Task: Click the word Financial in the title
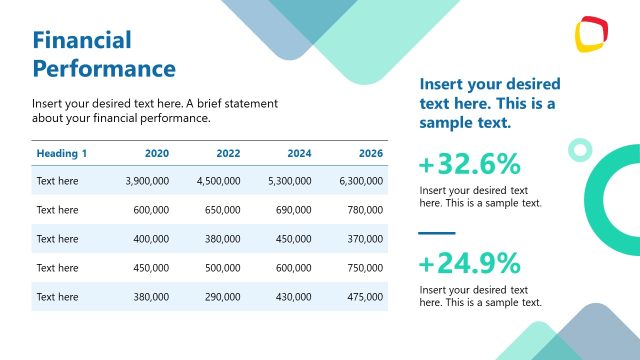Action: coord(82,41)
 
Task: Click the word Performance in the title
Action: coord(104,69)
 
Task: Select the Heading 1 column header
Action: coord(62,153)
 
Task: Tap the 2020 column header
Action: coord(156,153)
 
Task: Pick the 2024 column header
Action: coord(299,153)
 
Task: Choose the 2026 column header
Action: coord(370,153)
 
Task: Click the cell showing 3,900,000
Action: coord(147,181)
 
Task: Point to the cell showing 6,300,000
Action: coord(361,181)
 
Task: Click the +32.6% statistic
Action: coord(469,164)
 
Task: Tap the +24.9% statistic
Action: coord(469,263)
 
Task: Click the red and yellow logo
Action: coord(593,35)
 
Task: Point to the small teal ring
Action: coord(579,150)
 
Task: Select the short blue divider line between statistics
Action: coord(437,233)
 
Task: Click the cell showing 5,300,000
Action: coord(290,181)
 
